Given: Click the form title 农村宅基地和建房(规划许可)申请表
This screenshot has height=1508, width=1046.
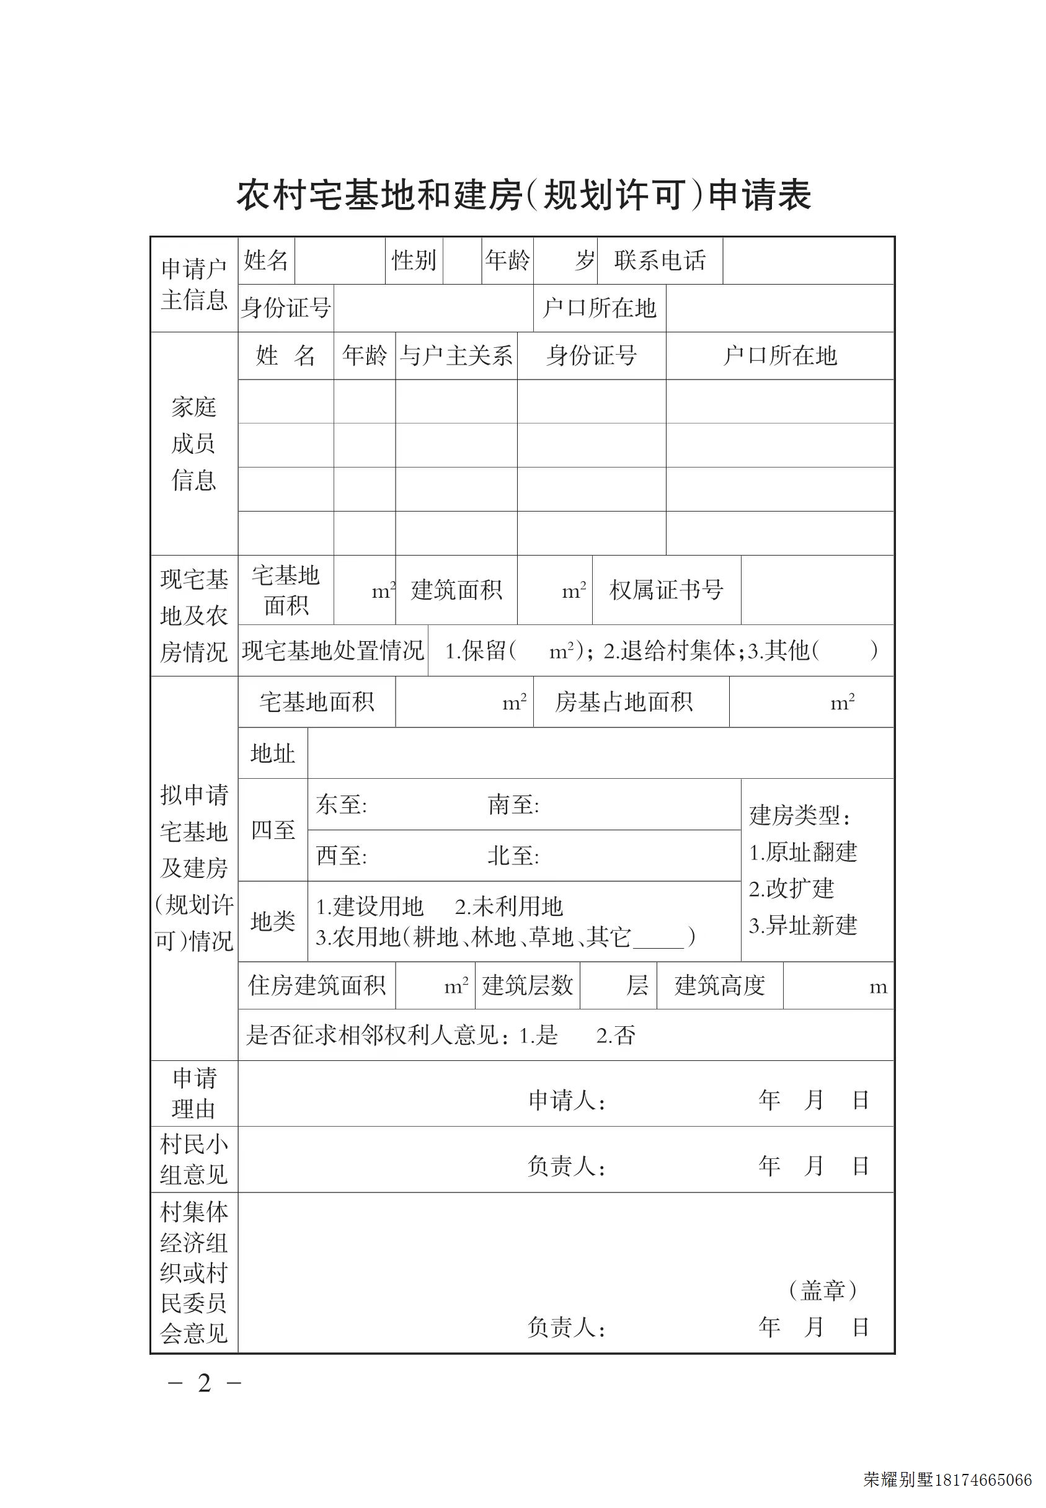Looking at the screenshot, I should pyautogui.click(x=524, y=195).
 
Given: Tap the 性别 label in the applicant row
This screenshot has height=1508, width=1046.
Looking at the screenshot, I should pyautogui.click(x=414, y=260).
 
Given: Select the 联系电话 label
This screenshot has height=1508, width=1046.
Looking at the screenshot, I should pyautogui.click(x=659, y=260).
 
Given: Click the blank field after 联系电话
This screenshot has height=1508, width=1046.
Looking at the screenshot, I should pyautogui.click(x=808, y=260).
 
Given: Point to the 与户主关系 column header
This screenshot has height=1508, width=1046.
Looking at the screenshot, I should pyautogui.click(x=456, y=356).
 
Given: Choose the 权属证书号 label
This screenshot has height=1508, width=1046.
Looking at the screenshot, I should pyautogui.click(x=666, y=590).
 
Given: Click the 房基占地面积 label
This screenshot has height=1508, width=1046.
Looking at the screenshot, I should pyautogui.click(x=623, y=702).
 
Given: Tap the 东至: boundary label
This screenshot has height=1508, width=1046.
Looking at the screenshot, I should pyautogui.click(x=342, y=805).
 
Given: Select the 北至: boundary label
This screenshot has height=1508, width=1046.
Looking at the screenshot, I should pyautogui.click(x=513, y=856).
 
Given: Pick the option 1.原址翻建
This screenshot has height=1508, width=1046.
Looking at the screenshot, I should pyautogui.click(x=803, y=853).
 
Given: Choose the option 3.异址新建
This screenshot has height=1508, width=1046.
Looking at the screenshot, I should pyautogui.click(x=803, y=925).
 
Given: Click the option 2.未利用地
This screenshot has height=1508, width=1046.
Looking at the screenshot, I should pyautogui.click(x=508, y=907).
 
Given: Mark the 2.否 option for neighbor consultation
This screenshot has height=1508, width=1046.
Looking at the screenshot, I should pyautogui.click(x=616, y=1036).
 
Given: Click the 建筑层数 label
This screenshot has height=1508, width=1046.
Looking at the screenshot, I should pyautogui.click(x=528, y=986).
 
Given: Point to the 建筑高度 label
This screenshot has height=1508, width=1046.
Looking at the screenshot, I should pyautogui.click(x=720, y=986).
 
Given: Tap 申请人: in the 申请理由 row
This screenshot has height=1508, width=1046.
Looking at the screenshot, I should pyautogui.click(x=566, y=1101).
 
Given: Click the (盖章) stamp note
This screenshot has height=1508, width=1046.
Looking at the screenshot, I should pyautogui.click(x=823, y=1290).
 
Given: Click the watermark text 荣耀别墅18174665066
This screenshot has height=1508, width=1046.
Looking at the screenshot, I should pyautogui.click(x=947, y=1480).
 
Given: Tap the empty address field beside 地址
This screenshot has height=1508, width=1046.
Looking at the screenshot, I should pyautogui.click(x=600, y=753).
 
